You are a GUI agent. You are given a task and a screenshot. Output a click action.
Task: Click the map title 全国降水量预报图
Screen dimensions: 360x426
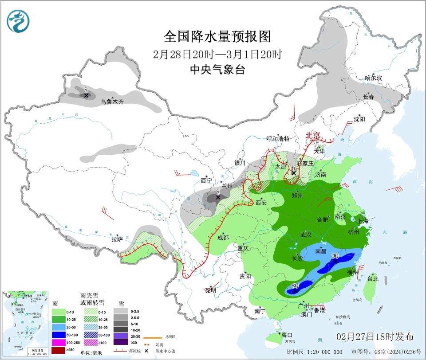pyautogui.click(x=217, y=36)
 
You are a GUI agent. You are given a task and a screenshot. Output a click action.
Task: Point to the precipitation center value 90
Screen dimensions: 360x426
pyautogui.click(x=335, y=256)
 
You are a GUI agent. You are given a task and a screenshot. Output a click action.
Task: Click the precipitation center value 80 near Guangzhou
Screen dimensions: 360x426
pyautogui.click(x=295, y=285)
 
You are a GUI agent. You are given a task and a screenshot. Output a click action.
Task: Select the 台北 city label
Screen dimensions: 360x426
pyautogui.click(x=372, y=279)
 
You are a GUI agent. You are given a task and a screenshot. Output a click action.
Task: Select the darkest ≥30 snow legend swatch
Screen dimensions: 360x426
pyautogui.click(x=121, y=342)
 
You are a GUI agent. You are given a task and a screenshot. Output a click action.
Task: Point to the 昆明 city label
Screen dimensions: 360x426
pyautogui.click(x=211, y=290)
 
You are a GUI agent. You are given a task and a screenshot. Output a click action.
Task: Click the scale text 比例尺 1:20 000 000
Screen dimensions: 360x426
pyautogui.click(x=314, y=352)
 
